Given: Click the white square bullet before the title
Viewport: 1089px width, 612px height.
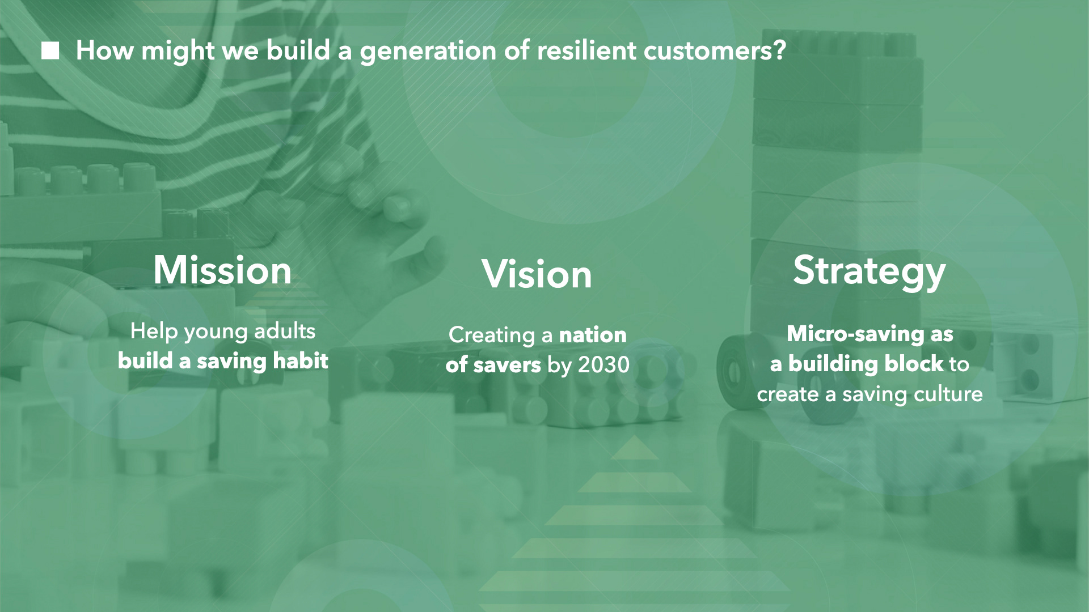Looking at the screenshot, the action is (x=50, y=51).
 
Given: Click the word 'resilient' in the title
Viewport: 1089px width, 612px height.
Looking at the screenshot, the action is (x=586, y=50).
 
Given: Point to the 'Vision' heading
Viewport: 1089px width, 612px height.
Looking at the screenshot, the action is (x=537, y=274).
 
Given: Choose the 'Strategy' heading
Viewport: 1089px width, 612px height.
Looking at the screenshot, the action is (x=869, y=272).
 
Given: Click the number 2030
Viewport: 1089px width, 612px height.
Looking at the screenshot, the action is (x=603, y=365).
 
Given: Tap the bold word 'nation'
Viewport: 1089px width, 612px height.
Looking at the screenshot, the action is (x=593, y=335).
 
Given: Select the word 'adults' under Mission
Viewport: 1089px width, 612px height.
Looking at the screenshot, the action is (x=285, y=331).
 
